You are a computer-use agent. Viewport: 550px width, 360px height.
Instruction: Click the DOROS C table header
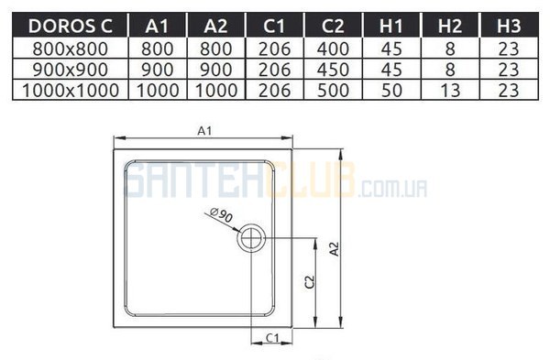pos(71,26)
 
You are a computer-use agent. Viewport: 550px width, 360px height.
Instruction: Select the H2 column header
pos(450,26)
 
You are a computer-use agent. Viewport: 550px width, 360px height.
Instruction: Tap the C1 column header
pos(274,26)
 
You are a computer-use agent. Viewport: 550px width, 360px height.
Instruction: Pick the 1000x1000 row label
pos(71,91)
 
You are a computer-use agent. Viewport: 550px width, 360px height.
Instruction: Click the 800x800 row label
pos(71,49)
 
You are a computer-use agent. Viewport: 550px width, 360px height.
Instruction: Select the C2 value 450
pos(333,70)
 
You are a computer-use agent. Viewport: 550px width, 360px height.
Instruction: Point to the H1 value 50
pos(391,91)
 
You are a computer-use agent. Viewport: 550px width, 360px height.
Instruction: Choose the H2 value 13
pos(450,91)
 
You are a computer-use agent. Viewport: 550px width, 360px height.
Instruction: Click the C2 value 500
pos(333,91)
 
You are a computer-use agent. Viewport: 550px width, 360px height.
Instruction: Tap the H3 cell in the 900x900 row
pos(509,70)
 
